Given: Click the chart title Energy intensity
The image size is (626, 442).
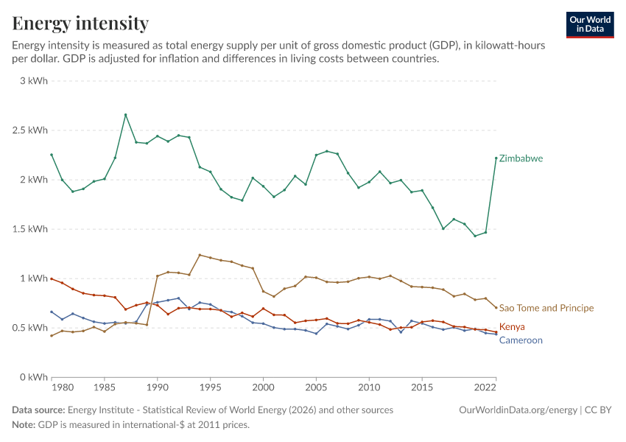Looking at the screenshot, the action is pos(80,23).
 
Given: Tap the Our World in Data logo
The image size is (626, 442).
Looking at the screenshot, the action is pos(590,25).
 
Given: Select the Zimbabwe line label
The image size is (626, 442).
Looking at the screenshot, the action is pos(521,158).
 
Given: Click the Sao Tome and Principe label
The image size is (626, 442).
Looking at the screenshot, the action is pos(546,308).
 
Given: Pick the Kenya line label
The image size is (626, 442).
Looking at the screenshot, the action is pos(512,326).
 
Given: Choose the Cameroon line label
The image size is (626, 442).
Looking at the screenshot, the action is pos(521,340).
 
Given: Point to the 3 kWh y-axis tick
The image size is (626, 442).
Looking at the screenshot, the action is pos(34,80).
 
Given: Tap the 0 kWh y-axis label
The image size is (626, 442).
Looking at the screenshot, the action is pos(34,377).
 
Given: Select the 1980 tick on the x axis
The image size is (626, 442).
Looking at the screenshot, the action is pos(63,387).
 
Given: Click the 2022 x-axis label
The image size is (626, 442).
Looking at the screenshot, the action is pos(485,387).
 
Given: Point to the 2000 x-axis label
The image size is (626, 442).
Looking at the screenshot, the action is pos(263,387).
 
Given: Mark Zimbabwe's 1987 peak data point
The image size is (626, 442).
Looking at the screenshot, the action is pos(125,115).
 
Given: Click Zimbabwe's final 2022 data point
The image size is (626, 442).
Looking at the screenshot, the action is pos(496,158).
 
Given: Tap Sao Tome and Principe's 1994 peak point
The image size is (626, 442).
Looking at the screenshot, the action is pos(200,255).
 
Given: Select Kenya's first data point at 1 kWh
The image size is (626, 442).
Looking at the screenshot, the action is pos(52,278).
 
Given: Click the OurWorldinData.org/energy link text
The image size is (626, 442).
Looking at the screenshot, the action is pos(518,410).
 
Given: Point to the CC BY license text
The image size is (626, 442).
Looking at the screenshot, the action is pos(598,410).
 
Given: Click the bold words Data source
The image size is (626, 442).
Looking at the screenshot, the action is pos(38,410).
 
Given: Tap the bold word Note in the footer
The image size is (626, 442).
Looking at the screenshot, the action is pos(24,424).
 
